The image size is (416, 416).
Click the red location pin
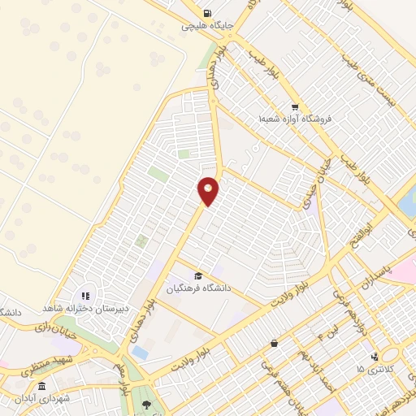point(209,190)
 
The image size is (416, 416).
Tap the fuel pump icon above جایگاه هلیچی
point(209,13)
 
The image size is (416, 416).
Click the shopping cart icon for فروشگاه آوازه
point(295,106)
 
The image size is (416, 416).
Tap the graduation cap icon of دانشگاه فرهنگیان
point(199,276)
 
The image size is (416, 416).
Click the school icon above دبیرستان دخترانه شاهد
point(85,296)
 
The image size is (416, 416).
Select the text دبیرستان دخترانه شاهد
point(87,309)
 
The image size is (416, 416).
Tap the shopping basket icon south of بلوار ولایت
point(274,344)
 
